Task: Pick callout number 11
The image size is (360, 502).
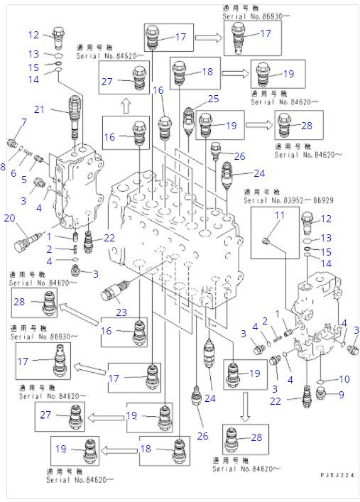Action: point(280,215)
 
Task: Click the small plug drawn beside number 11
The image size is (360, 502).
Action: point(266,242)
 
